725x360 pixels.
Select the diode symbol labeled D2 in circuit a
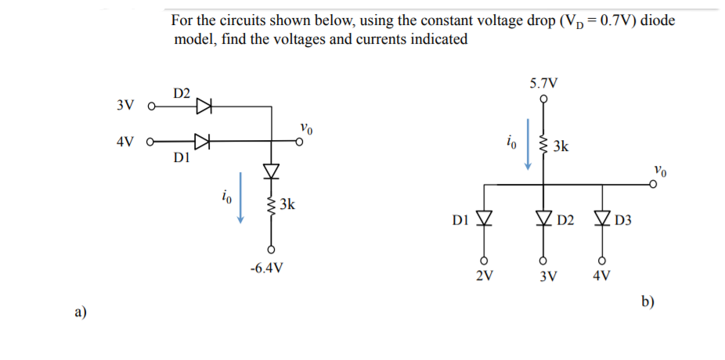tap(204, 105)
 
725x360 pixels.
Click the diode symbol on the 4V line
tap(203, 142)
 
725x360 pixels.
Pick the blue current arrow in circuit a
tap(241, 203)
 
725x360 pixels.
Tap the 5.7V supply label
tap(543, 83)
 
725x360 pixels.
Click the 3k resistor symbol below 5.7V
tap(543, 146)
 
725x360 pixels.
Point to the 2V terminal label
tap(485, 275)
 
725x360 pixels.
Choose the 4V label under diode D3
tap(602, 275)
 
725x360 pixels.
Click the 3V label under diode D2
tap(543, 275)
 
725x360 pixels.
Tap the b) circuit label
tap(647, 302)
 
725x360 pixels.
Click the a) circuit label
tap(80, 312)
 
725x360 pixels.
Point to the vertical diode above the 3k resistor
tap(271, 170)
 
